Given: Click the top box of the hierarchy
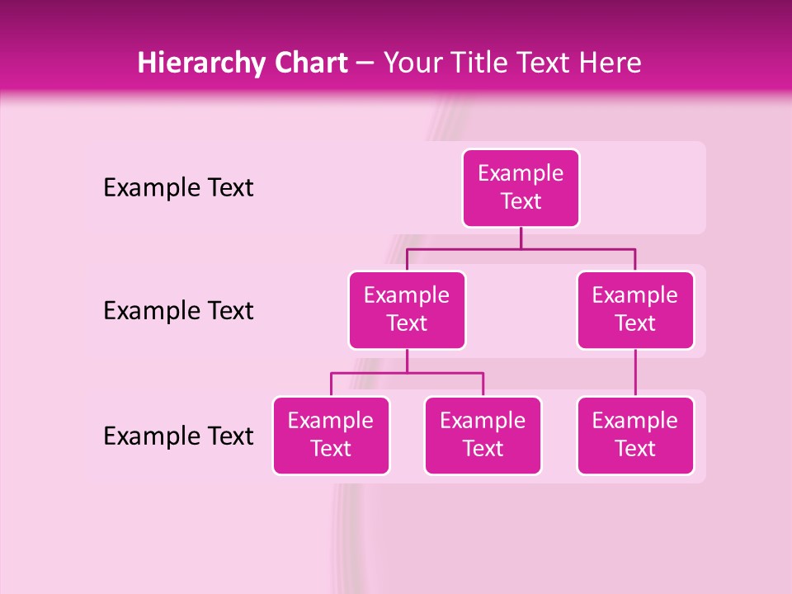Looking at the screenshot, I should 521,187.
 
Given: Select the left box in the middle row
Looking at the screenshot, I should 407,309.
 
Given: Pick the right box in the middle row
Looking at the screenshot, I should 635,309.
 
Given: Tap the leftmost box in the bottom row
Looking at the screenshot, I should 331,435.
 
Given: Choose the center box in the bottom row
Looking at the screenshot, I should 483,435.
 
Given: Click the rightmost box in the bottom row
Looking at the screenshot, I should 635,435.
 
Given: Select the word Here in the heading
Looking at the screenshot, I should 610,64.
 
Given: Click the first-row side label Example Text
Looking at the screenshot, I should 178,188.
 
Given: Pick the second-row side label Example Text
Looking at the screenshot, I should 178,311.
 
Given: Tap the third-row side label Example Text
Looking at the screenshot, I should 178,436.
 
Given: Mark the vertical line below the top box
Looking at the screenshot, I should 521,238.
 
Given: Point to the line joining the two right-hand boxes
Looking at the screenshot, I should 635,373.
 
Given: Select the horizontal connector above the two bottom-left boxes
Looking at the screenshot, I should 407,373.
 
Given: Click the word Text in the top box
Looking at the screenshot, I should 521,201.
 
